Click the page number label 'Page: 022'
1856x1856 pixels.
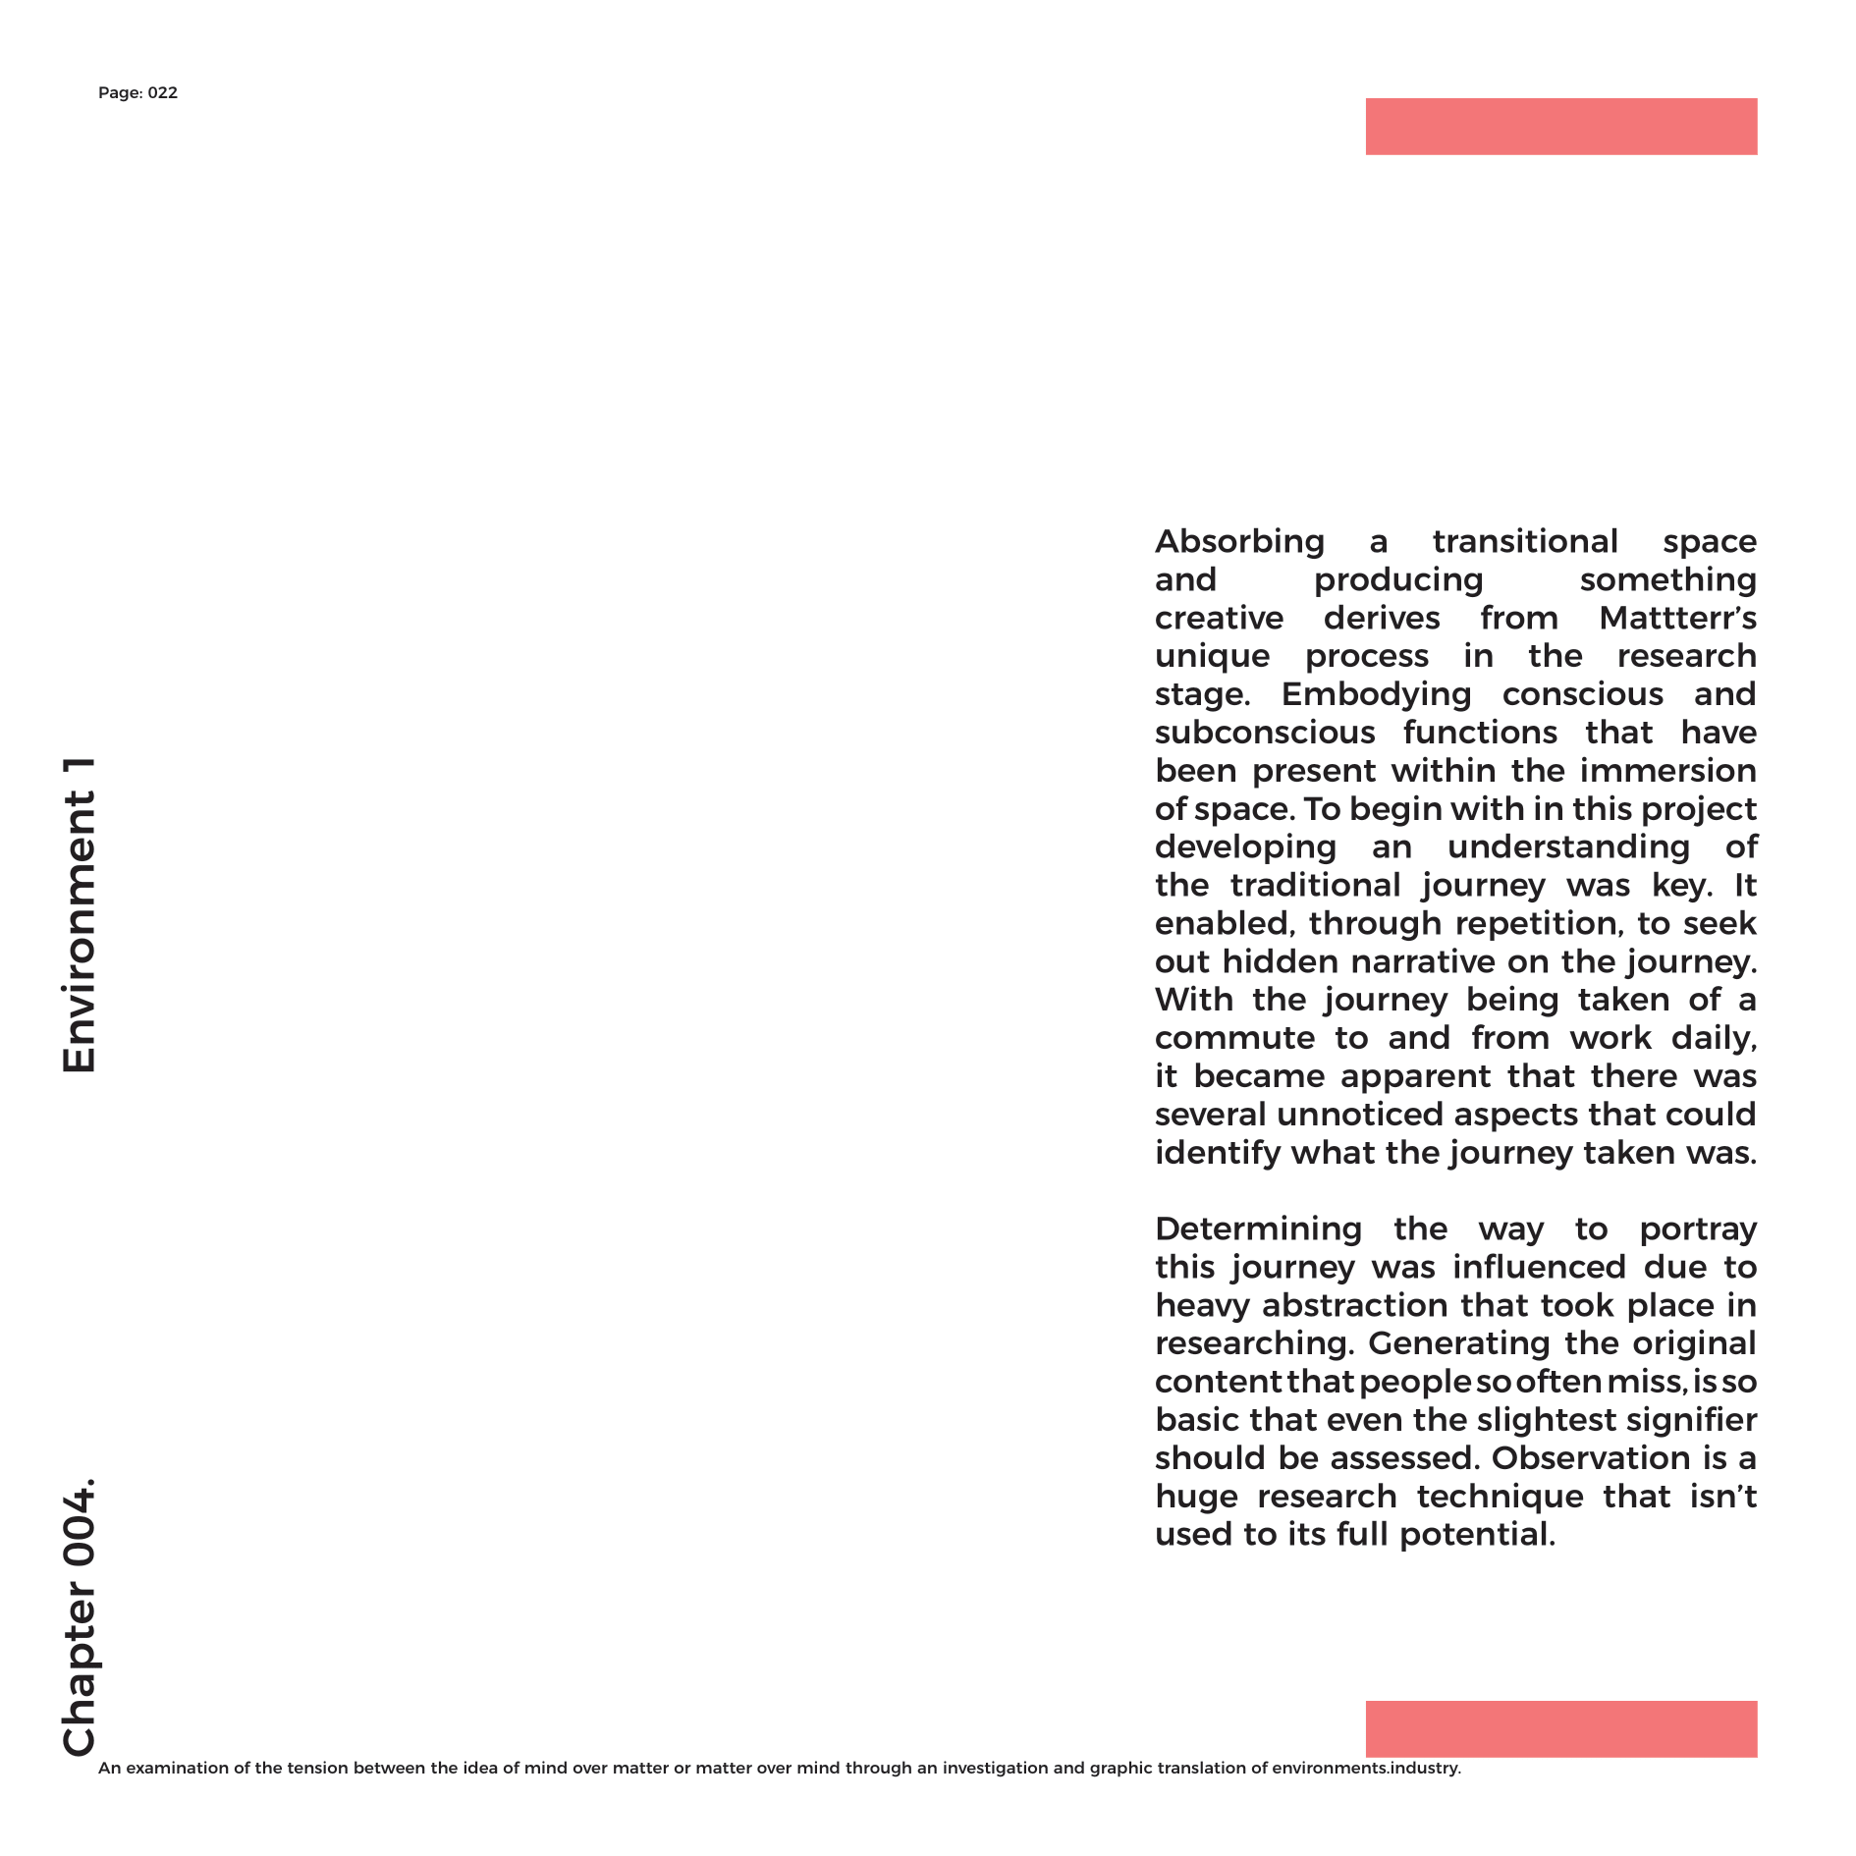point(137,93)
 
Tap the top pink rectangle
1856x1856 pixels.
point(1560,127)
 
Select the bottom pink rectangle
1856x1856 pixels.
point(1560,1729)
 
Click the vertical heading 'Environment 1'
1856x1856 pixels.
point(80,914)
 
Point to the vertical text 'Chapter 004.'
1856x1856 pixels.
point(80,1616)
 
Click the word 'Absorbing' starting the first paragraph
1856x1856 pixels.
point(1239,542)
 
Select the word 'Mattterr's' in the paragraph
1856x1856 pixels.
point(1677,619)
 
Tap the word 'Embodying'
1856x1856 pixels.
point(1376,694)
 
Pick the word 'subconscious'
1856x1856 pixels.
point(1265,733)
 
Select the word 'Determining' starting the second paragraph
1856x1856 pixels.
point(1258,1229)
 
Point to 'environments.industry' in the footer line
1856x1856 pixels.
point(1364,1769)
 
